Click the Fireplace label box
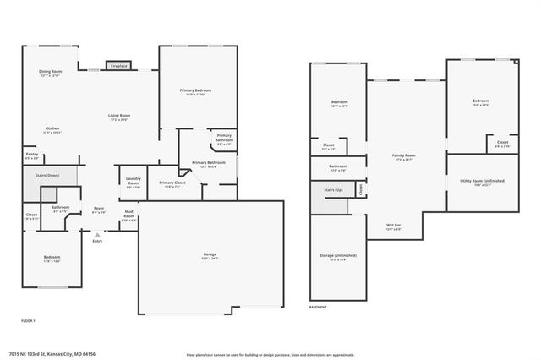117,65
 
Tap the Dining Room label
51,73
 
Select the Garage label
210,255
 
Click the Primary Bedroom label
195,91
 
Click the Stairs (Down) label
46,177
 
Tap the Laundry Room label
133,180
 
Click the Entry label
97,241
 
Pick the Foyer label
98,210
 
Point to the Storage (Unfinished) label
338,256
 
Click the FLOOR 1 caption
28,321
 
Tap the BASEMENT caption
319,306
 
